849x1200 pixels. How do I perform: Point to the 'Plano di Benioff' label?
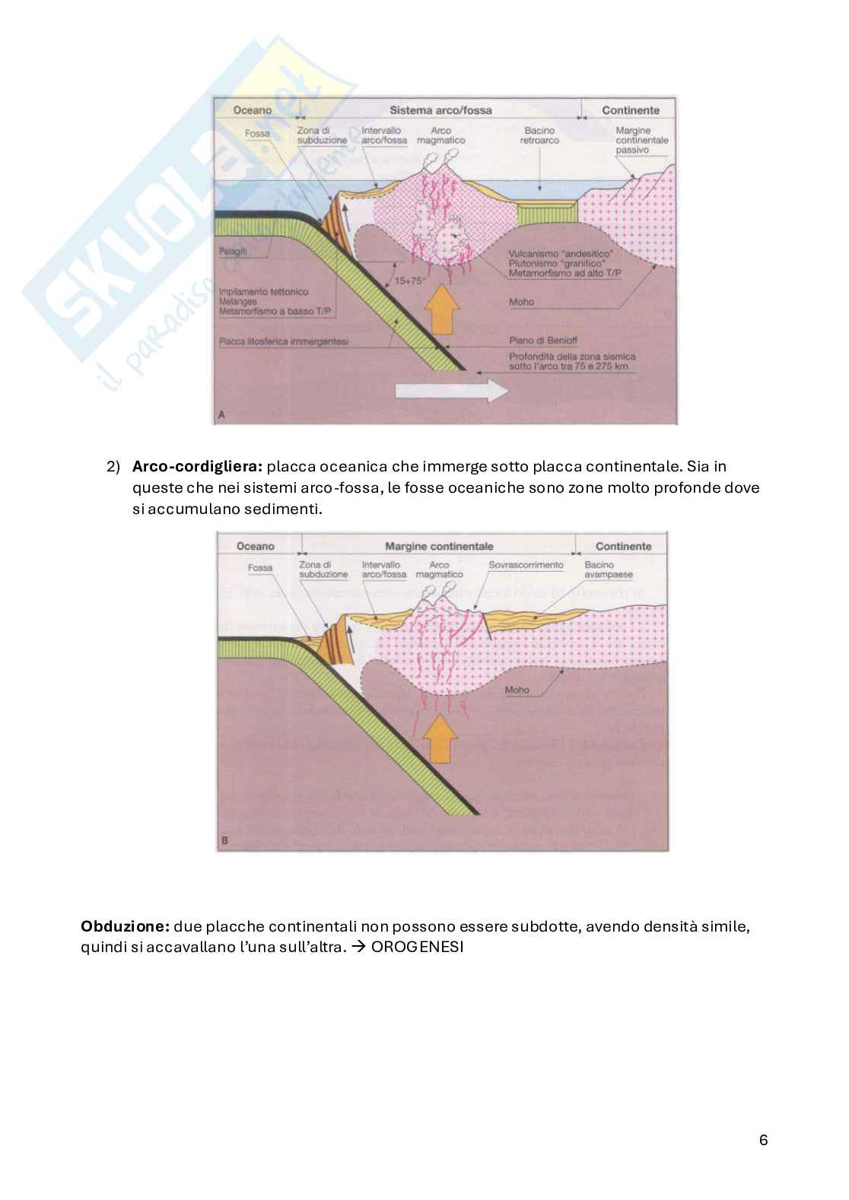click(x=532, y=341)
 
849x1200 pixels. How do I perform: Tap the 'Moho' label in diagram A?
click(x=521, y=302)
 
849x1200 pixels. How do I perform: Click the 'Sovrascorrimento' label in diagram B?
click(x=526, y=565)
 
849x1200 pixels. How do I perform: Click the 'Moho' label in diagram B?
click(x=516, y=690)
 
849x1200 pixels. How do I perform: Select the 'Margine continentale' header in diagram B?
click(x=439, y=546)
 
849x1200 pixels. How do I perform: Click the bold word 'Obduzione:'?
click(x=125, y=927)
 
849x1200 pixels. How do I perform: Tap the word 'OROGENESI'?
click(x=410, y=948)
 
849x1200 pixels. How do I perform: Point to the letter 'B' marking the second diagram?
click(x=224, y=841)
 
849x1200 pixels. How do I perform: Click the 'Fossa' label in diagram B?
click(x=259, y=567)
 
